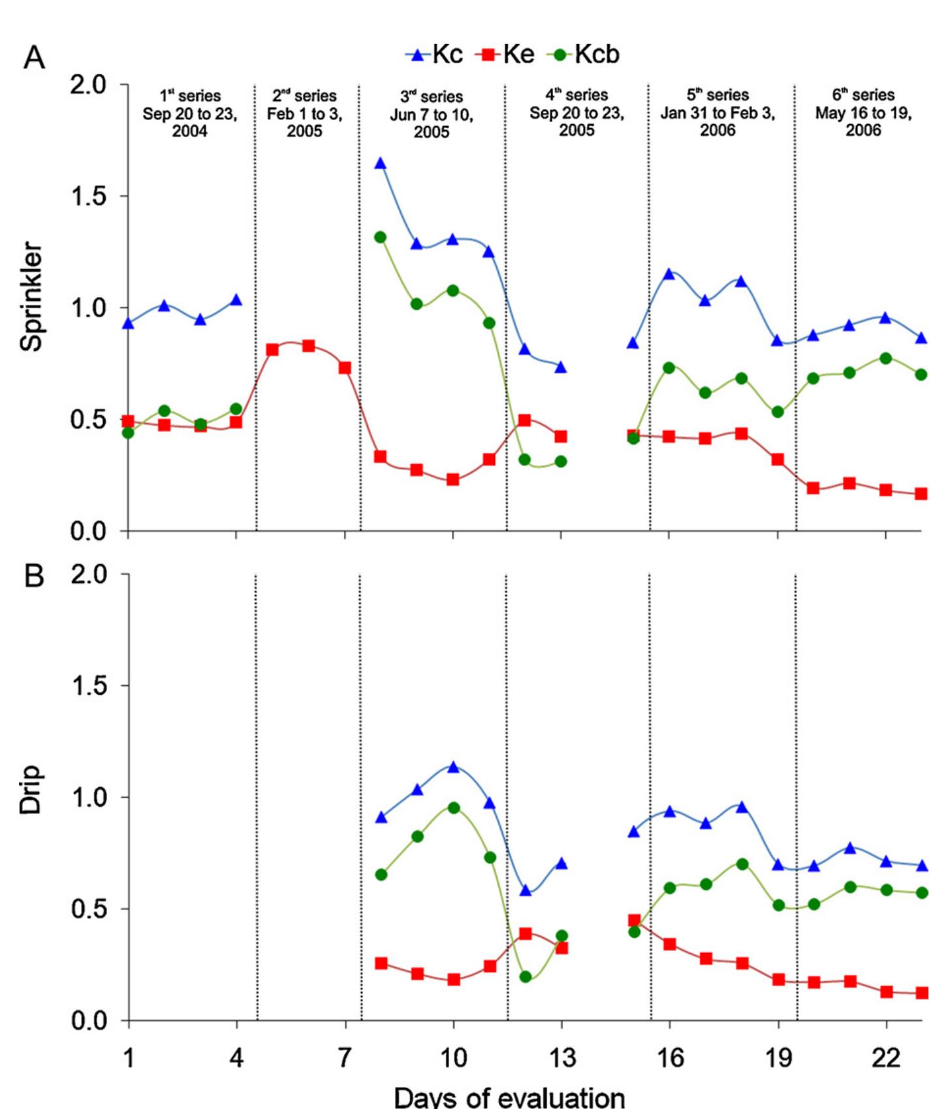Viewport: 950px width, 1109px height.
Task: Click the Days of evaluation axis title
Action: (x=509, y=1097)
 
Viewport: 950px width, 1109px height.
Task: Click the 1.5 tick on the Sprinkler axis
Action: (x=89, y=196)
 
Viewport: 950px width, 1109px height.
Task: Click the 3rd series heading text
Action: (x=432, y=114)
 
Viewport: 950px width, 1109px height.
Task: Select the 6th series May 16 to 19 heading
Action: (x=863, y=112)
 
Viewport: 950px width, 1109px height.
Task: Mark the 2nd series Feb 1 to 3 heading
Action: (x=304, y=113)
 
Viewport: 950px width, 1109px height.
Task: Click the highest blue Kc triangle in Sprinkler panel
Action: (x=381, y=163)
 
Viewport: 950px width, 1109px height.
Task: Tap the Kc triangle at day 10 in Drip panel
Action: (x=453, y=767)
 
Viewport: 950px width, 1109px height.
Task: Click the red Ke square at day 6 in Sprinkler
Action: (x=308, y=346)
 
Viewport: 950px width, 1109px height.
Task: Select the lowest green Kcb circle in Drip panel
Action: (x=526, y=977)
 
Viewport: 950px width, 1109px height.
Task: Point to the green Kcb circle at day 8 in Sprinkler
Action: (x=381, y=237)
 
